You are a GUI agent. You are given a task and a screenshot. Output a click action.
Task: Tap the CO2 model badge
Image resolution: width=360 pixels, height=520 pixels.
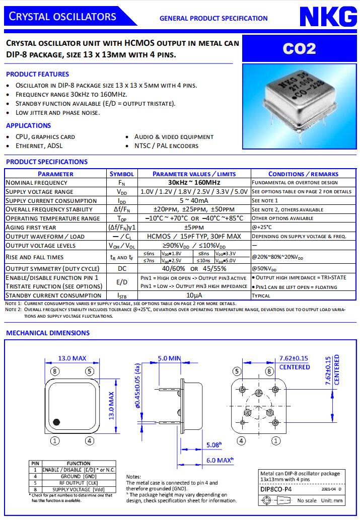tap(299, 48)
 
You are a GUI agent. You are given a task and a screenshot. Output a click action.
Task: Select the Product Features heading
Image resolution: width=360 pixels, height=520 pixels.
tap(38, 74)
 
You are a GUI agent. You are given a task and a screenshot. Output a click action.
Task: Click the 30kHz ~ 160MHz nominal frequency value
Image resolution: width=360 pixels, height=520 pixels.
tap(194, 182)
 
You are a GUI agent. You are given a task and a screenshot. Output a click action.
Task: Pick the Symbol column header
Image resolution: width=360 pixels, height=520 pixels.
tap(122, 174)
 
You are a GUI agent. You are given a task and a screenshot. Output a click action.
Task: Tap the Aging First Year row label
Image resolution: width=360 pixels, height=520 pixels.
tap(36, 227)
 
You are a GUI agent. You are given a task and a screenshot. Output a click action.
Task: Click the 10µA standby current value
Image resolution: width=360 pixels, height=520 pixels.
tap(194, 295)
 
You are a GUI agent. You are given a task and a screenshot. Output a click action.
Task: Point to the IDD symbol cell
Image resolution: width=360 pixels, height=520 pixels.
tap(122, 200)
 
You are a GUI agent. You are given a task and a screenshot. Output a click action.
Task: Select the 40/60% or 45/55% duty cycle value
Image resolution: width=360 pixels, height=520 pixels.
tap(194, 268)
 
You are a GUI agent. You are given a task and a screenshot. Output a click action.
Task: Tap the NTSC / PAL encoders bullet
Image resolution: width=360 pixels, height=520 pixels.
tap(166, 146)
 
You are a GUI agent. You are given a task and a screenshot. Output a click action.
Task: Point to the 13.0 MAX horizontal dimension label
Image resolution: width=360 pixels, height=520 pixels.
tap(72, 358)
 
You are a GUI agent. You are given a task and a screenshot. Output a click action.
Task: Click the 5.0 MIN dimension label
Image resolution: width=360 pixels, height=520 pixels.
tap(169, 358)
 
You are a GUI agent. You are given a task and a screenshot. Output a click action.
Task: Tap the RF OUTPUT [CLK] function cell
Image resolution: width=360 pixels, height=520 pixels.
tap(78, 482)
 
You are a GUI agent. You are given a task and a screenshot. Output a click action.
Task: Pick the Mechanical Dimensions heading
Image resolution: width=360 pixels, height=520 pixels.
tap(48, 333)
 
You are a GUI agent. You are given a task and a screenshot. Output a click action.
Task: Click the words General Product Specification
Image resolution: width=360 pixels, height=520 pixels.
tap(213, 18)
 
